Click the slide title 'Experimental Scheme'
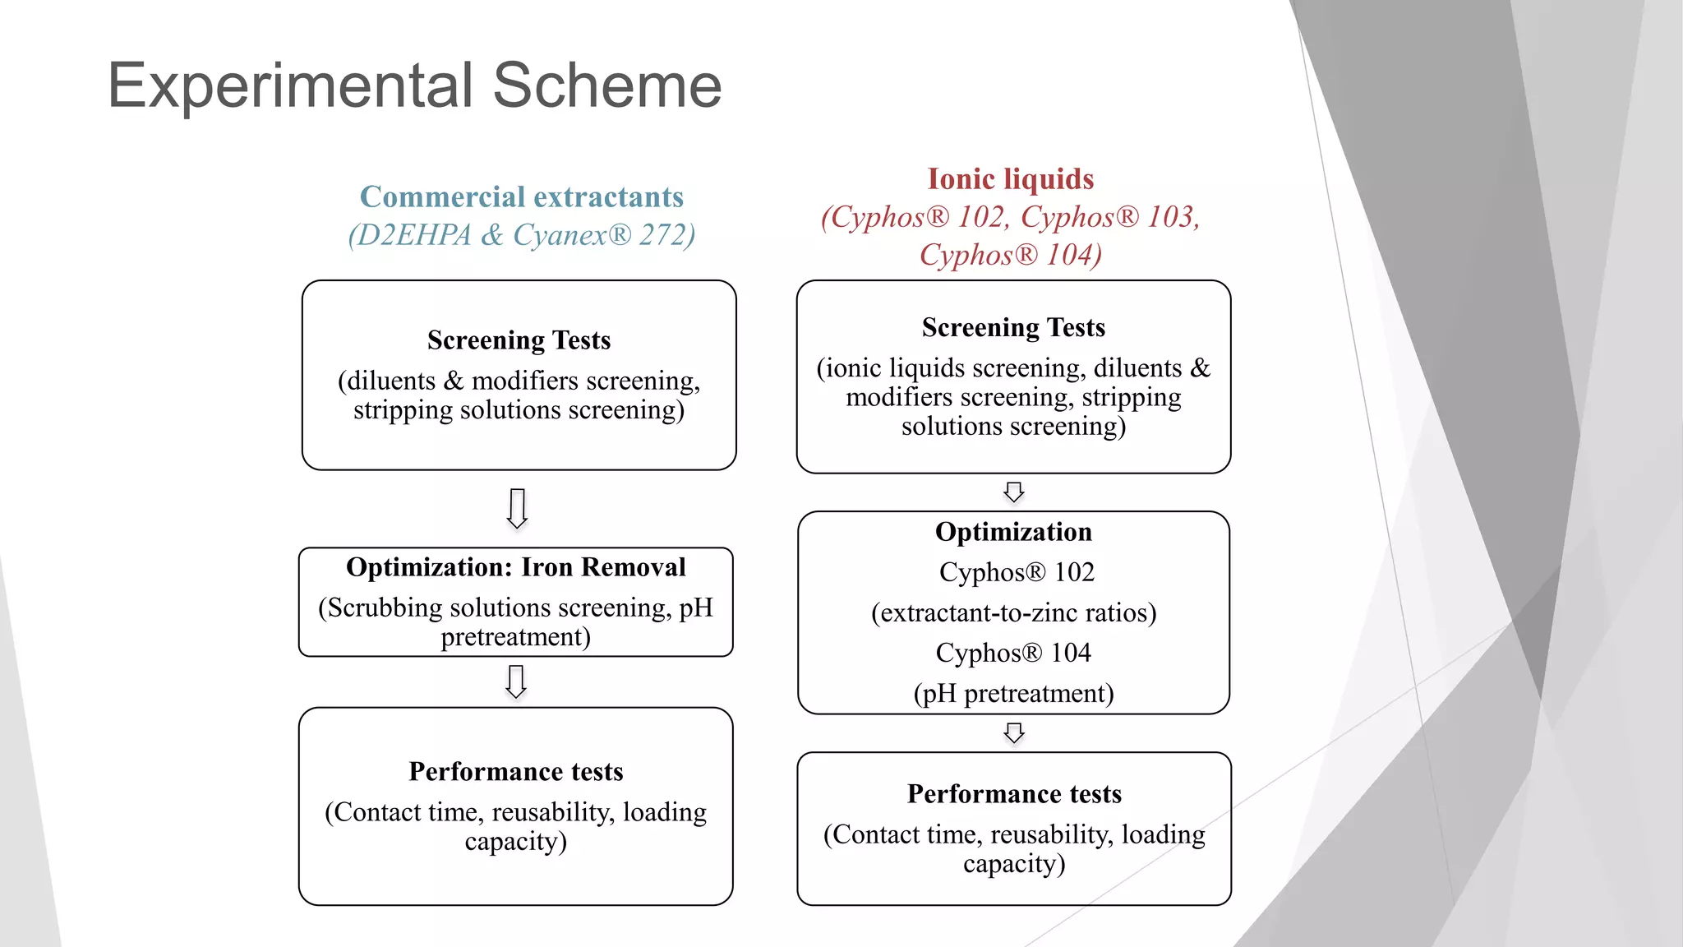[x=414, y=85]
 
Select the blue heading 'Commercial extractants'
[x=522, y=197]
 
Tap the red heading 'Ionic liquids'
[x=1010, y=179]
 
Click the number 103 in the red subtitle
[x=1170, y=217]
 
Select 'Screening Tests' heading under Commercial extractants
[x=519, y=340]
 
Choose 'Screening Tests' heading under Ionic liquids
[x=1013, y=328]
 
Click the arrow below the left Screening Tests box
[x=517, y=508]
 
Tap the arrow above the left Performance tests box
[x=516, y=681]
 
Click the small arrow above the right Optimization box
[x=1014, y=492]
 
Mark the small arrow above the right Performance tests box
[x=1014, y=732]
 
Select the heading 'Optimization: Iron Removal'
[x=515, y=567]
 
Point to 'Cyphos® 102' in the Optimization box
[x=1017, y=572]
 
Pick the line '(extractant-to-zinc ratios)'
[x=1013, y=613]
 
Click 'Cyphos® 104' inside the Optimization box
[x=1013, y=654]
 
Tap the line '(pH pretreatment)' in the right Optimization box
[x=1013, y=694]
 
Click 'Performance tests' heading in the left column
[x=515, y=772]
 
